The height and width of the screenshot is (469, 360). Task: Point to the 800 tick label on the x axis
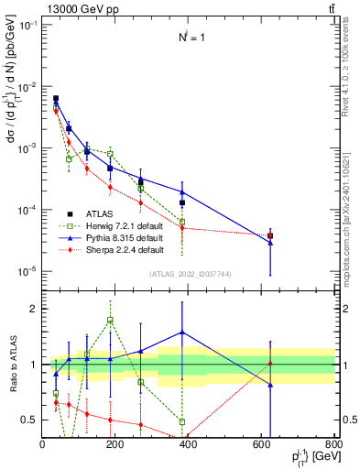pos(333,443)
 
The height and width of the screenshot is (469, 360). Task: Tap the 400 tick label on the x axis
pos(188,443)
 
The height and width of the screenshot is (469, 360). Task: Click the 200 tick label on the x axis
pos(115,443)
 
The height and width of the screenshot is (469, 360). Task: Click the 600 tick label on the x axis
pos(261,443)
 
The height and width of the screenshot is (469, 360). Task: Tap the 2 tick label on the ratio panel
pos(33,309)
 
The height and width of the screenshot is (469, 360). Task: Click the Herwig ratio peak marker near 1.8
pos(110,320)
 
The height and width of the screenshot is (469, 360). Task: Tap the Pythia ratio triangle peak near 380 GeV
pos(182,333)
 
